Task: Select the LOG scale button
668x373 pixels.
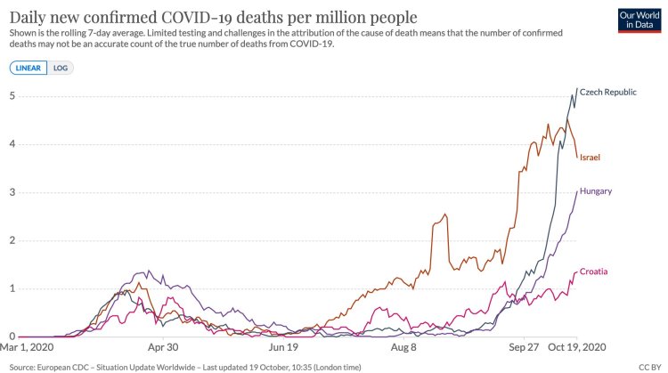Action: pyautogui.click(x=62, y=68)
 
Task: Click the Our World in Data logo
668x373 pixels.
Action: pyautogui.click(x=638, y=20)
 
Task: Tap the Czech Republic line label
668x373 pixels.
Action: pyautogui.click(x=608, y=92)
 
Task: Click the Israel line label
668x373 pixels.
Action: pyautogui.click(x=590, y=158)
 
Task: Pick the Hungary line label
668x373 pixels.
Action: pyautogui.click(x=595, y=191)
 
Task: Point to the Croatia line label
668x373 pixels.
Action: pyautogui.click(x=593, y=272)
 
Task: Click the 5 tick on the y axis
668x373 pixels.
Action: pyautogui.click(x=12, y=96)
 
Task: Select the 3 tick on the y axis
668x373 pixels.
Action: pyautogui.click(x=12, y=192)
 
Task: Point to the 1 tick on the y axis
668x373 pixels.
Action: pyautogui.click(x=12, y=288)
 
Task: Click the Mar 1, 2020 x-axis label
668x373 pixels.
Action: pyautogui.click(x=30, y=348)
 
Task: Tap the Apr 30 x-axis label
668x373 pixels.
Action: pyautogui.click(x=162, y=348)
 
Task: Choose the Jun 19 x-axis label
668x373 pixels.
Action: pyautogui.click(x=283, y=348)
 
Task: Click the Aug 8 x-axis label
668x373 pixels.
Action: pyautogui.click(x=403, y=348)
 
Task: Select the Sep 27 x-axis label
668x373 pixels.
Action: pyautogui.click(x=524, y=348)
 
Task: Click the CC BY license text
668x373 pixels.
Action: pyautogui.click(x=648, y=366)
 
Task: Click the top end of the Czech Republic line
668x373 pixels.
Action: pyautogui.click(x=577, y=89)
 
